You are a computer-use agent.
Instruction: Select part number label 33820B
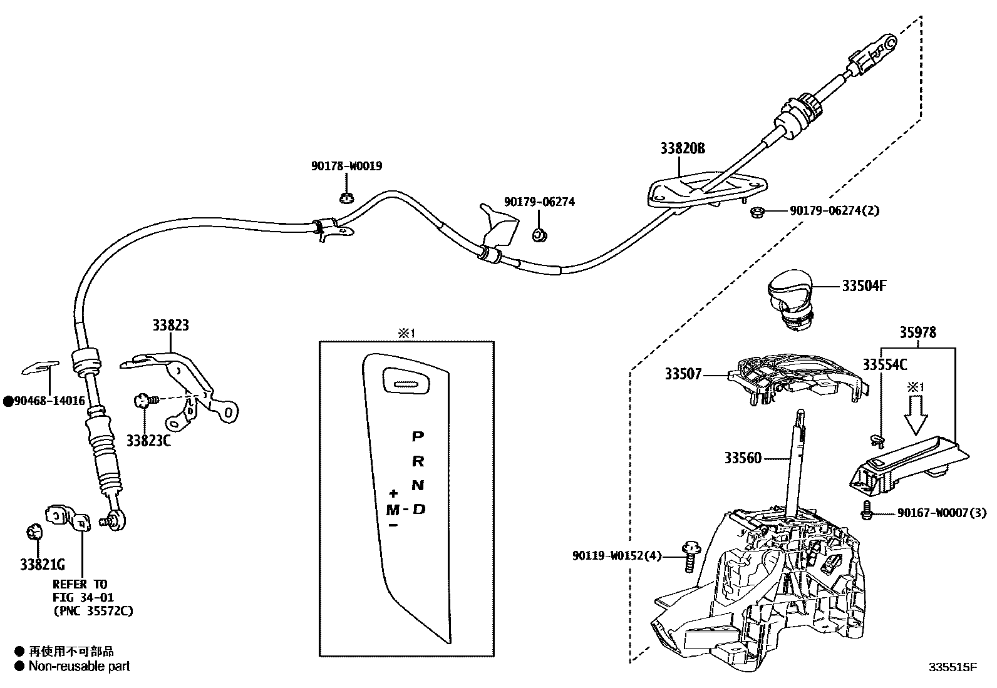click(x=682, y=148)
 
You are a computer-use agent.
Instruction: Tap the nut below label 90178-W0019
click(x=346, y=199)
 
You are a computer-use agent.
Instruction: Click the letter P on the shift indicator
click(x=417, y=436)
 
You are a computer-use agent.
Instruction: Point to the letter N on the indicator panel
click(x=418, y=485)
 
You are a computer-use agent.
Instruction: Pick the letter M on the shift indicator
click(x=393, y=510)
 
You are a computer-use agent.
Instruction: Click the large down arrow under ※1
click(x=916, y=418)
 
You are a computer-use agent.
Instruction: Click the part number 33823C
click(x=148, y=440)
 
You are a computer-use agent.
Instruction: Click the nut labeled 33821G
click(x=34, y=533)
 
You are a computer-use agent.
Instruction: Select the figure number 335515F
click(x=953, y=667)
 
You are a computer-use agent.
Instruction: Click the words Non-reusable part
click(x=79, y=667)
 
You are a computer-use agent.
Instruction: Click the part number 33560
click(x=743, y=458)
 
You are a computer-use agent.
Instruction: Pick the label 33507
click(x=683, y=374)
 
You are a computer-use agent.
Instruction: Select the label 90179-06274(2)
click(x=834, y=211)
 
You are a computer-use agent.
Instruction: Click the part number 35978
click(x=918, y=332)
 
